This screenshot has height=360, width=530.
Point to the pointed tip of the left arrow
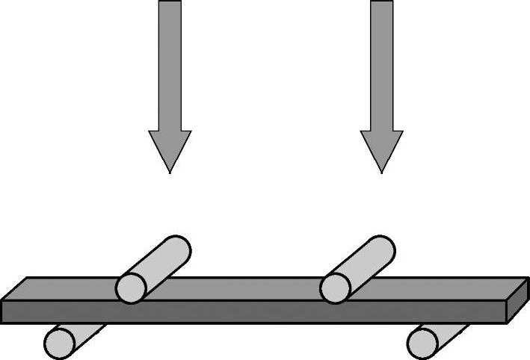(x=170, y=172)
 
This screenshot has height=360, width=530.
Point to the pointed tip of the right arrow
(x=381, y=172)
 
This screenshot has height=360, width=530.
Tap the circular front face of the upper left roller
(x=131, y=288)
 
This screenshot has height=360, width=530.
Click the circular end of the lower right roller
(x=423, y=341)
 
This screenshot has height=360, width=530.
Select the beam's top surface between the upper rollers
(x=247, y=289)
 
